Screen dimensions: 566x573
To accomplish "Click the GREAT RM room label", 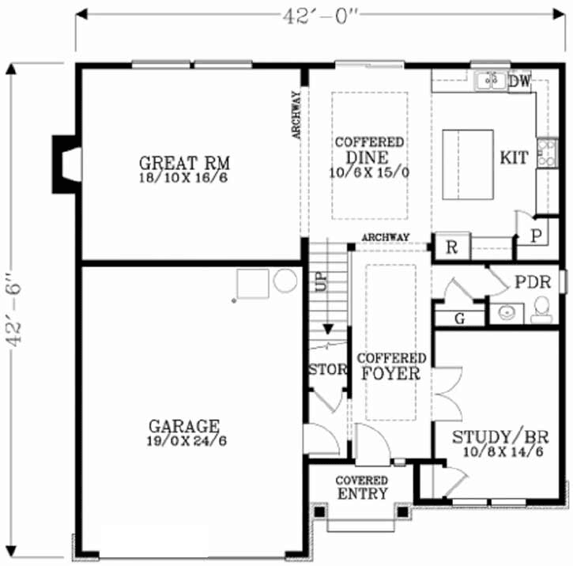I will (183, 163).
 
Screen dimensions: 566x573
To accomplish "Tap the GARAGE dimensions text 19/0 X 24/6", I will (187, 441).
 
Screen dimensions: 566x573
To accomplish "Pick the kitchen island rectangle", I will (467, 165).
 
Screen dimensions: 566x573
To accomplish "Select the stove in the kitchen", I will (546, 153).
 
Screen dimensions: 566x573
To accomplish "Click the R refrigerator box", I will (452, 247).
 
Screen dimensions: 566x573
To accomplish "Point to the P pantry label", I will (536, 236).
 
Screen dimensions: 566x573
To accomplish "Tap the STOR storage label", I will (327, 369).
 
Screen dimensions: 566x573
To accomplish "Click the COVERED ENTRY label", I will (361, 488).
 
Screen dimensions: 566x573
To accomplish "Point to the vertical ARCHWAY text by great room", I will (296, 115).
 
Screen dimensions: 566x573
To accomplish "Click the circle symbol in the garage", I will (285, 280).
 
